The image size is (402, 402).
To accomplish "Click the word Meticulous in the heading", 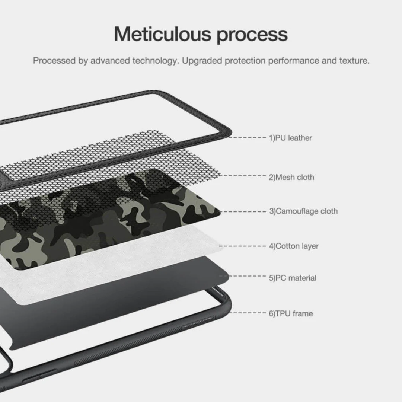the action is [x=163, y=34].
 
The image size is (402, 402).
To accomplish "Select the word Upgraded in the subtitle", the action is [x=202, y=61].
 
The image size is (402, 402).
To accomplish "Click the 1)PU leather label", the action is [x=290, y=138].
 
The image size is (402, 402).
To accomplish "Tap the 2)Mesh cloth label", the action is [x=291, y=177].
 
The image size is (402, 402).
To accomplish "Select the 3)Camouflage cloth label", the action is [x=304, y=211].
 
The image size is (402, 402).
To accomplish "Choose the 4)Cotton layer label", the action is [x=294, y=246].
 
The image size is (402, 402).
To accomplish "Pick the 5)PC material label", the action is [x=293, y=278].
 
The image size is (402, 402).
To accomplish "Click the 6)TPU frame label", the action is [x=291, y=313].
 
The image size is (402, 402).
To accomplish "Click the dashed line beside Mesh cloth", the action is [x=243, y=176].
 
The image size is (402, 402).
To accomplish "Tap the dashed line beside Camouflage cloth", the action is [x=243, y=212].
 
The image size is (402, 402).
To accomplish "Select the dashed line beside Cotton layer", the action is [x=243, y=246].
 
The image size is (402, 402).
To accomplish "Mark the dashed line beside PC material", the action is [x=247, y=276].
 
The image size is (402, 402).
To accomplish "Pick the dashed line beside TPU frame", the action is [x=248, y=313].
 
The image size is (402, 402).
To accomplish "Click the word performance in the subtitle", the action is [x=293, y=61].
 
